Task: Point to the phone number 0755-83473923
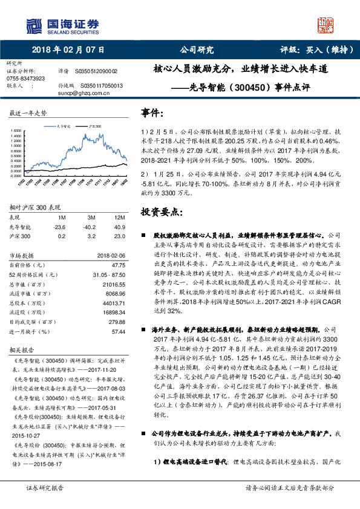click(25, 79)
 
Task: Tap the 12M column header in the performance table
click(119, 216)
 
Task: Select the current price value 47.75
click(119, 265)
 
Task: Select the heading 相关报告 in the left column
click(26, 349)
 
